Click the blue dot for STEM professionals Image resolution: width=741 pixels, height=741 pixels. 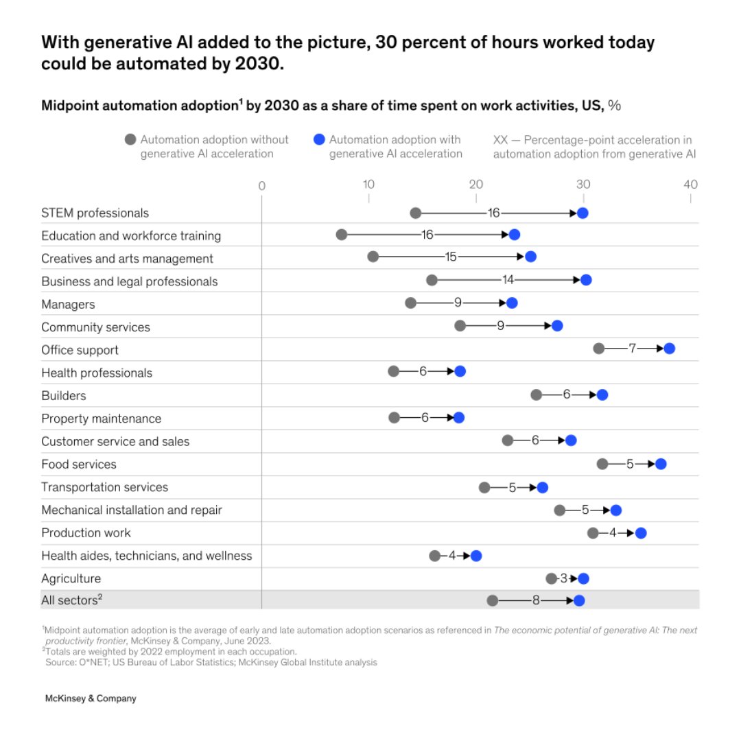coord(583,213)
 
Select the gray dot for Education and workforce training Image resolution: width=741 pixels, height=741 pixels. coord(342,235)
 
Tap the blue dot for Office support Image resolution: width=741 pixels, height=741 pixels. coord(669,349)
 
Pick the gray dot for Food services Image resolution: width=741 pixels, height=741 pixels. coord(602,464)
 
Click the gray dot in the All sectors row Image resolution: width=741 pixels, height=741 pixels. coord(492,600)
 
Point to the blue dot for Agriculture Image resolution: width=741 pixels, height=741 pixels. coord(583,578)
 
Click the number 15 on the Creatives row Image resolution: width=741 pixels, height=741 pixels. coord(451,257)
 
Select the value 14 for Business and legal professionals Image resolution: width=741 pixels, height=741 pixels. coord(508,280)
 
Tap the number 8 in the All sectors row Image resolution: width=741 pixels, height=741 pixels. coord(536,600)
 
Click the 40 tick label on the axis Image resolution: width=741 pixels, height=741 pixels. coord(690,185)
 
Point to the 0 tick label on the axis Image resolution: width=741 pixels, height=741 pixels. coord(261,185)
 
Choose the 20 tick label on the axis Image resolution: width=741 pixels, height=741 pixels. coord(475,185)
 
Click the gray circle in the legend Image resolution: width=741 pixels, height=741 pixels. coord(130,140)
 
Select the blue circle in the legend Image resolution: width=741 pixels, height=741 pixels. coord(318,140)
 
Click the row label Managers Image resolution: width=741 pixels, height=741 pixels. coord(68,304)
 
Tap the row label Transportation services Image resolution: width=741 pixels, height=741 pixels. coord(104,487)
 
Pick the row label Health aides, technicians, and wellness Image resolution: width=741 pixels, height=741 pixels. coord(146,556)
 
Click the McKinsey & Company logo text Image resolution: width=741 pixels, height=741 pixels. coord(91,698)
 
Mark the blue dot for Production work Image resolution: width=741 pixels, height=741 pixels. coord(641,533)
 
